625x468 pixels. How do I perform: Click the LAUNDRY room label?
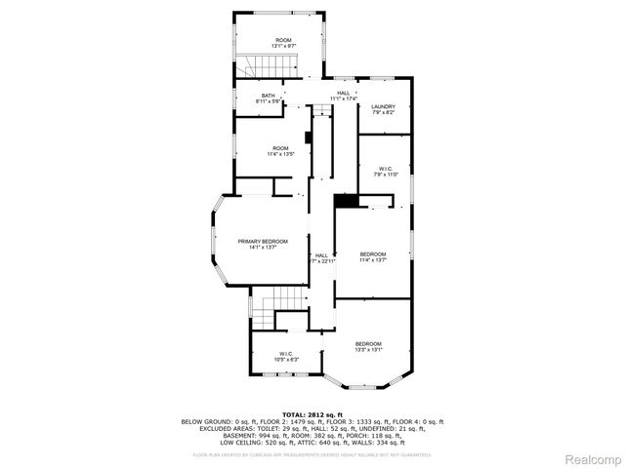tap(382, 106)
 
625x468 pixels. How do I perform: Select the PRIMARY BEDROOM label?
tap(263, 241)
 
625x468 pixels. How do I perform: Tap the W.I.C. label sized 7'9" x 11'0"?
tap(385, 169)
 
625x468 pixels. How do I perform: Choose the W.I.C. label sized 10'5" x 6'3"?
tap(286, 353)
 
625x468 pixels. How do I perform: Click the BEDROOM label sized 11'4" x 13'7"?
tap(373, 253)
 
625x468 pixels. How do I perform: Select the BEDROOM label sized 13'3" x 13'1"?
tap(368, 343)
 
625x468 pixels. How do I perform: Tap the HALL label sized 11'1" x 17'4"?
tap(343, 93)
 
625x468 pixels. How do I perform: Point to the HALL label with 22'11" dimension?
tap(321, 255)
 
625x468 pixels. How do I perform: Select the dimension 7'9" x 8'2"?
tap(382, 112)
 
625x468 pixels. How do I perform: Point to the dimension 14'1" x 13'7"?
tap(263, 247)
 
